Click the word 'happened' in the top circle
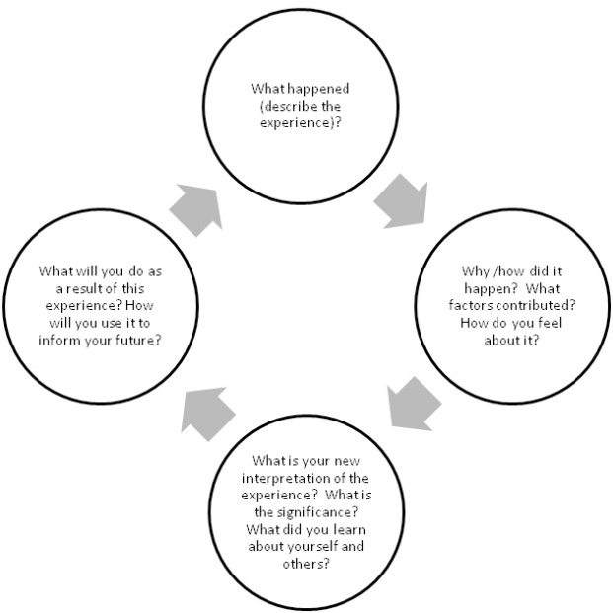(318, 90)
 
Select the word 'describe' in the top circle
(289, 107)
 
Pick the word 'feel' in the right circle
(550, 323)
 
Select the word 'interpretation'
(280, 479)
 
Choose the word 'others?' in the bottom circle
(306, 564)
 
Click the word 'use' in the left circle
(112, 324)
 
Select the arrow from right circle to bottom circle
(413, 405)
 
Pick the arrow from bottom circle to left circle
(207, 414)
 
